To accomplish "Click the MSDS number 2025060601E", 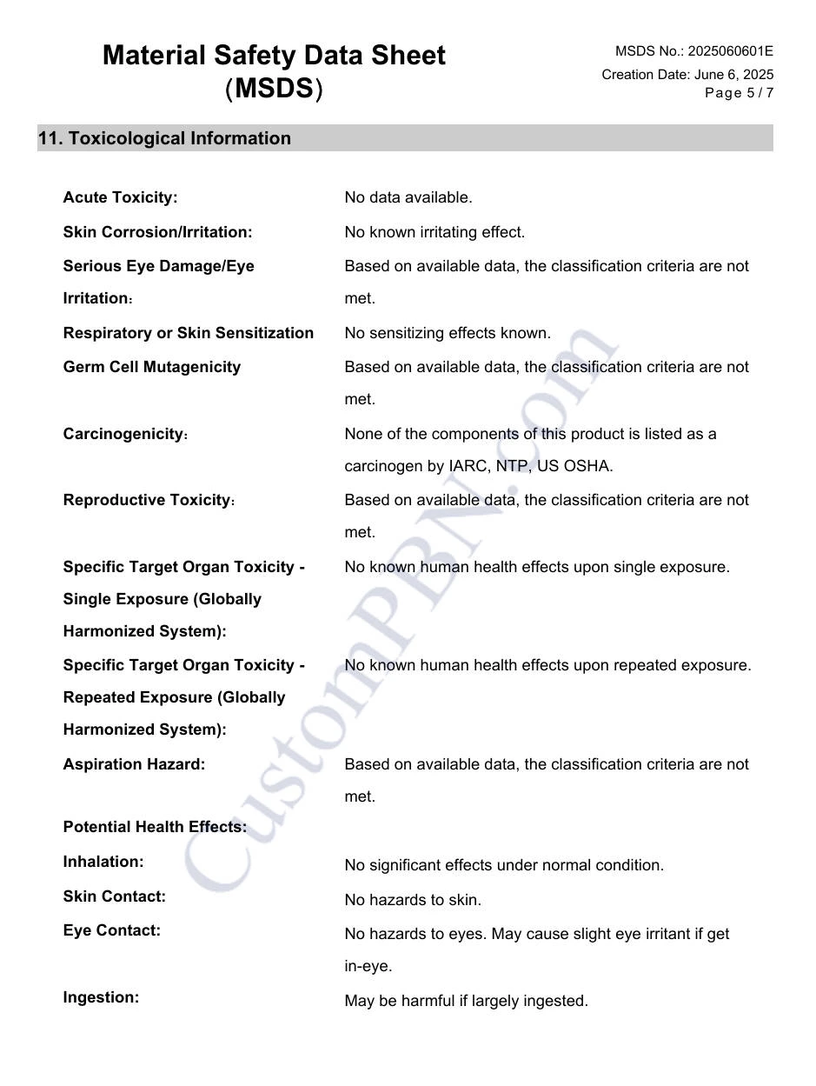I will pos(730,51).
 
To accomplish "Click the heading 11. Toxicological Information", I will pos(164,138).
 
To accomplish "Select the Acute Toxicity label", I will pos(120,197).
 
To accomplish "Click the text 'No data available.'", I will pos(408,197).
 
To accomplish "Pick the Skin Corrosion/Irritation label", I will pos(157,232).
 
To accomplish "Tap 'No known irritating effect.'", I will pos(435,232).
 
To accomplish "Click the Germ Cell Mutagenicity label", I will pos(151,367).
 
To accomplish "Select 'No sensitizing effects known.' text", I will pos(447,333).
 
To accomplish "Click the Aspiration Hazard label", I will pos(134,764).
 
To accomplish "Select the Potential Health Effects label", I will pos(155,827).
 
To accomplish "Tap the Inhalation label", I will pos(103,862).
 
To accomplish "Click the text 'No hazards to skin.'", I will pos(413,900).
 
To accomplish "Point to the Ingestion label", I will pos(101,997).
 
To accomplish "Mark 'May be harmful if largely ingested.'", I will pos(466,1001).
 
